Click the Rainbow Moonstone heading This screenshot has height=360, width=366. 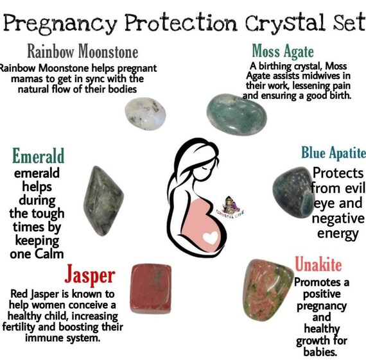[82, 51]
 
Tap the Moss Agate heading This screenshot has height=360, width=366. [283, 50]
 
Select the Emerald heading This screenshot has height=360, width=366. [39, 156]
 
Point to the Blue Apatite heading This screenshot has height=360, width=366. [333, 153]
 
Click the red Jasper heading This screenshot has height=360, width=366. [89, 276]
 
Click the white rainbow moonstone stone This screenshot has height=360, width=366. [146, 116]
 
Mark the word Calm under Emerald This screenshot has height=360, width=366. [61, 255]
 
